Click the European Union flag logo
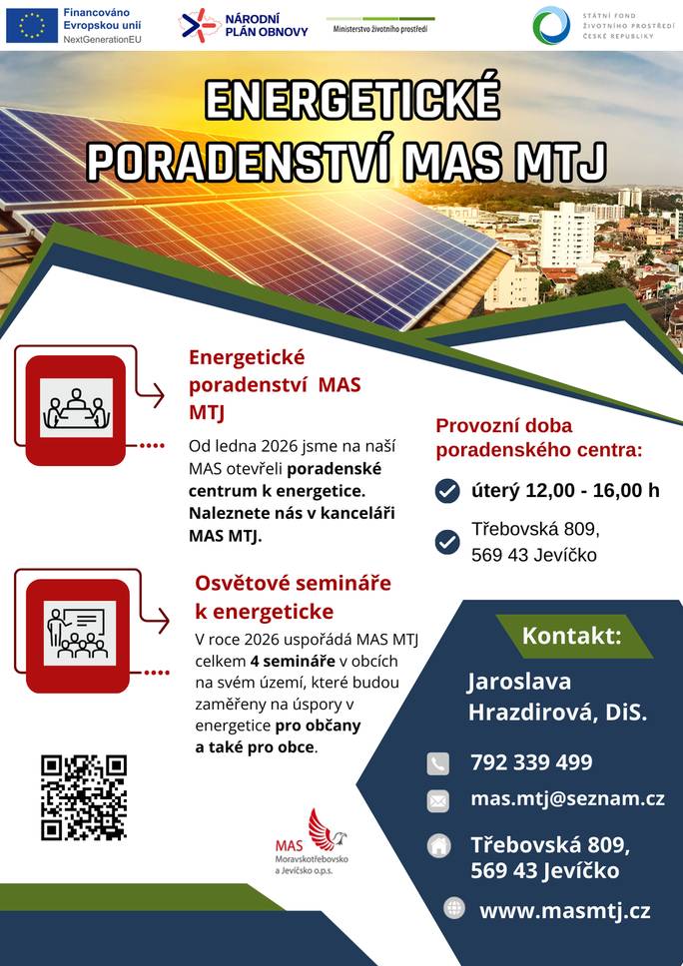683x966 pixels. click(x=32, y=25)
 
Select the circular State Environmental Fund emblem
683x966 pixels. click(x=551, y=25)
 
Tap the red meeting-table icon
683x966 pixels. click(x=76, y=409)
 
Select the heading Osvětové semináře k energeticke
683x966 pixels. click(x=293, y=597)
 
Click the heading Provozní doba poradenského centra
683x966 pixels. click(x=539, y=437)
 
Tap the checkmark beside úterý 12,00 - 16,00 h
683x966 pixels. click(x=447, y=490)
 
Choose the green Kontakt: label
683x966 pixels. click(x=571, y=636)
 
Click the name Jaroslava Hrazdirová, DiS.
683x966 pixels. click(x=557, y=697)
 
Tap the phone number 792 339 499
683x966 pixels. click(x=531, y=762)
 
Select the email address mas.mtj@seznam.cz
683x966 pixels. click(x=567, y=798)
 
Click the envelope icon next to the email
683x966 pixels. click(x=438, y=800)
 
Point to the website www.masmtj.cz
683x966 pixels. click(x=564, y=910)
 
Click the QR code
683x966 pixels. click(x=84, y=796)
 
